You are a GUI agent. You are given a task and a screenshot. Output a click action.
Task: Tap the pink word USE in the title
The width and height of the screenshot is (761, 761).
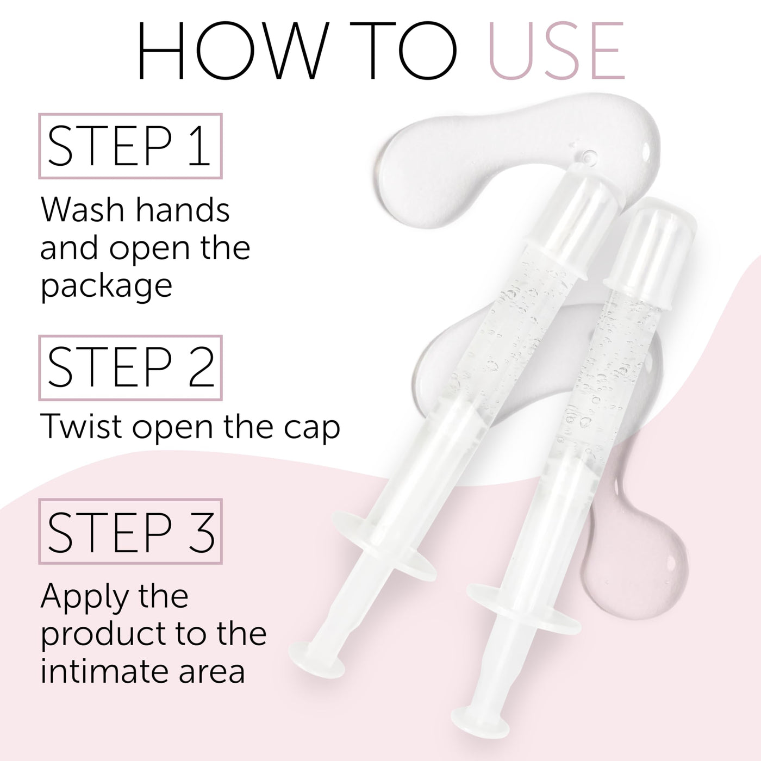coord(557,50)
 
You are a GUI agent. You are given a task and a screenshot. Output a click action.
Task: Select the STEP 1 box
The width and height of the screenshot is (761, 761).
coord(130,146)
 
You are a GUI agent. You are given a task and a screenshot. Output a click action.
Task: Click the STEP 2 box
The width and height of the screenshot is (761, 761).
coord(130,367)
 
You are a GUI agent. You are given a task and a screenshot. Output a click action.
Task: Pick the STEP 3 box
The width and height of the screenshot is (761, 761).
coord(130,531)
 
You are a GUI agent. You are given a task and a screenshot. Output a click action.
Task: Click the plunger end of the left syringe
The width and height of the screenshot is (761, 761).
coord(317,659)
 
